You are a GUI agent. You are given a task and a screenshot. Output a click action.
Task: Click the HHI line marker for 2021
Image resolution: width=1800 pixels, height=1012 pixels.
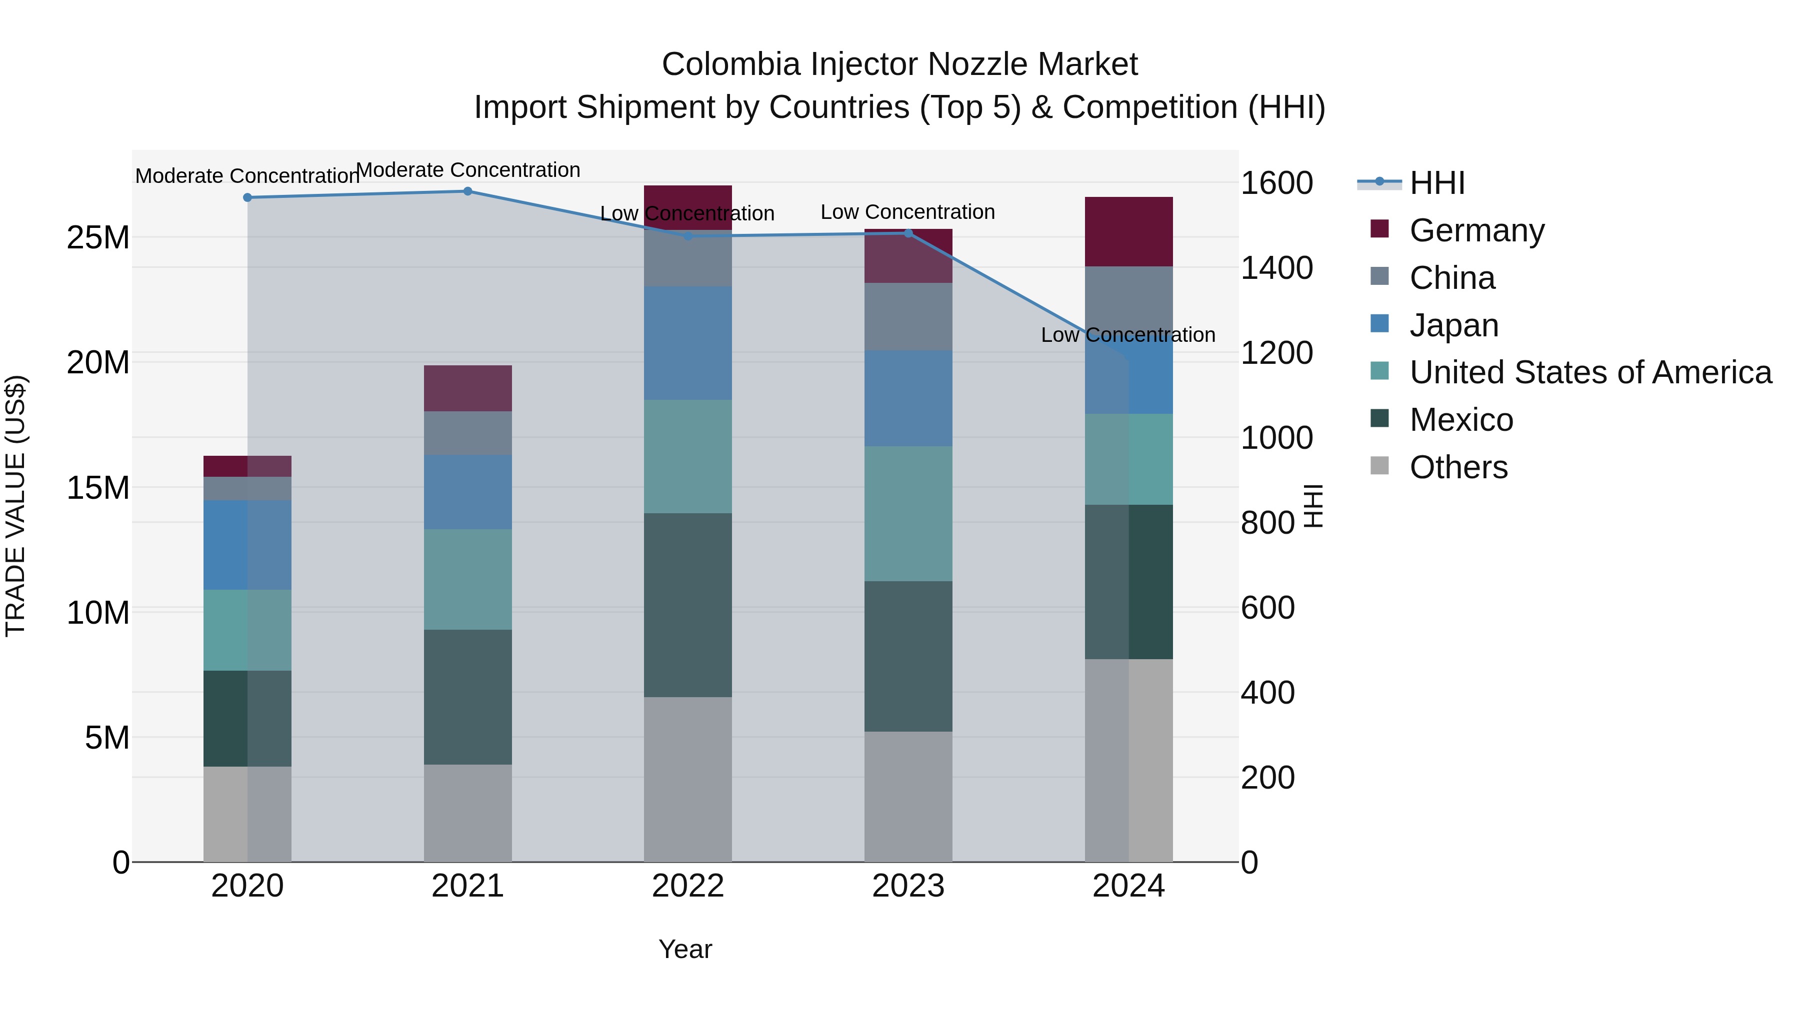coord(467,191)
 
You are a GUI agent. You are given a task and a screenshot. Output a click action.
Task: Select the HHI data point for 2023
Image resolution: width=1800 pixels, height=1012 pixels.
coord(908,233)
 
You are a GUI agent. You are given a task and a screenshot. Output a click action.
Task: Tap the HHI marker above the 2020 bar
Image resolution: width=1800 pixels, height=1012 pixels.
coord(247,197)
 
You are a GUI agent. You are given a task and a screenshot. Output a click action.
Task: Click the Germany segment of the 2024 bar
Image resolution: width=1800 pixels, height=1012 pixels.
coord(1128,232)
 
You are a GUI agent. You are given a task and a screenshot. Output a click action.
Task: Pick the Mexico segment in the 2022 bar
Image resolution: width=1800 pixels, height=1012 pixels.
coord(687,605)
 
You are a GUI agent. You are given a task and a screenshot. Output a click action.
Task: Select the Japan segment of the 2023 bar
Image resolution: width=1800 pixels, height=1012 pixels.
coord(908,398)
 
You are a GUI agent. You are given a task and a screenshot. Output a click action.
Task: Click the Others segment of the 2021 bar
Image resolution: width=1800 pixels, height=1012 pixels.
coord(467,813)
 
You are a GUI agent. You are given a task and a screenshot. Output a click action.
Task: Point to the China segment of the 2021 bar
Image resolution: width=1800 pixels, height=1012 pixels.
coord(467,433)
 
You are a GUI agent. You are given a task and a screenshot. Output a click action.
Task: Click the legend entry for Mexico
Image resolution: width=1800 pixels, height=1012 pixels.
coord(1461,420)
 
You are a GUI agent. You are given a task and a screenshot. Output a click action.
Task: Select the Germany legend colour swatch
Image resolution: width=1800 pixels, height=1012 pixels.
coord(1379,229)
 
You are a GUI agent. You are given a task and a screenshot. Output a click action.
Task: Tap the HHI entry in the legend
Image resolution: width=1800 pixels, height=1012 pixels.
coord(1436,183)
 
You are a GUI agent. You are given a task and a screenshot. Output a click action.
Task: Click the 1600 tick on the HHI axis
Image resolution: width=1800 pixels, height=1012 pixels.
coord(1276,183)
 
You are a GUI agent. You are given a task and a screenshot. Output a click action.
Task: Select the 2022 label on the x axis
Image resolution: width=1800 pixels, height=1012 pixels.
coord(687,886)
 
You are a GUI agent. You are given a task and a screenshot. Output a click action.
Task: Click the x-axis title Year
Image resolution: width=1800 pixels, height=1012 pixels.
coord(685,949)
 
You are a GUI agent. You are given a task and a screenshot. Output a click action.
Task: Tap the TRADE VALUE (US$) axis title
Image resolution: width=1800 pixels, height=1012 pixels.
coord(15,506)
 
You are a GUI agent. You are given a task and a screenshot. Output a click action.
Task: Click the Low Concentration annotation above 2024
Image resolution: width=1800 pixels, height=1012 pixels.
coord(1128,335)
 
